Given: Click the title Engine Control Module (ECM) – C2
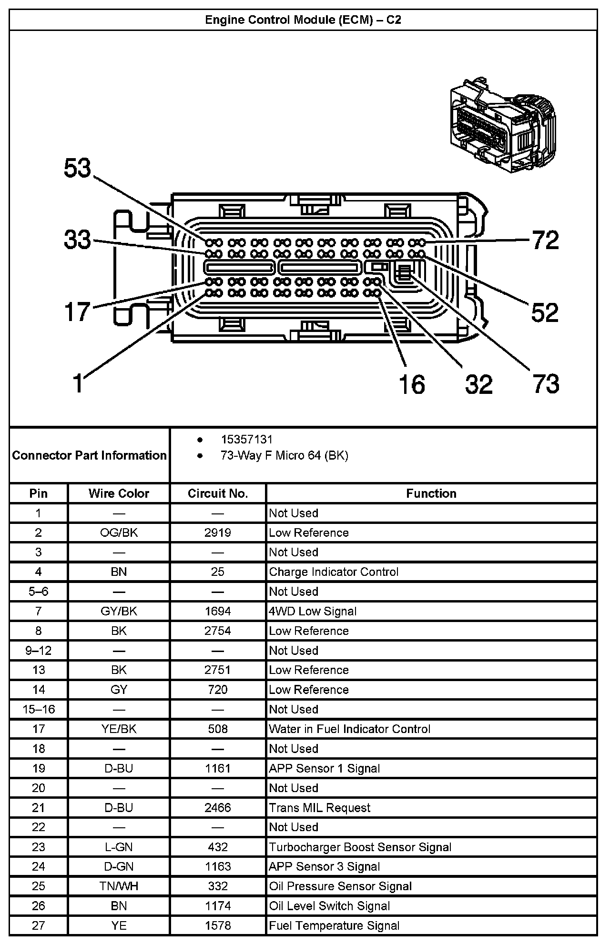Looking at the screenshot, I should (x=303, y=20).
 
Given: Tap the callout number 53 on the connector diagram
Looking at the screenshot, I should (x=77, y=169).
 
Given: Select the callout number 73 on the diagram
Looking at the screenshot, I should (x=546, y=383).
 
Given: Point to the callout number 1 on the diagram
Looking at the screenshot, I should (x=78, y=383).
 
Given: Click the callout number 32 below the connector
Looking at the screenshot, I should (x=478, y=384).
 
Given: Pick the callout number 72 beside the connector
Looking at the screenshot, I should (x=546, y=240).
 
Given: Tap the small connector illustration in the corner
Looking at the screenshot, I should (x=501, y=123).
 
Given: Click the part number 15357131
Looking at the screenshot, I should (x=246, y=440).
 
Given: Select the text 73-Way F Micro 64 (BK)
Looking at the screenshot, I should (x=284, y=456).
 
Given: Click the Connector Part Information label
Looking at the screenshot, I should (x=90, y=455).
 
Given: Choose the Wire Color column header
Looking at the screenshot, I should (x=119, y=493).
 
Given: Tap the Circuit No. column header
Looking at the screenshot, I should (x=218, y=493).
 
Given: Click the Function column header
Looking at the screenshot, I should (x=431, y=493).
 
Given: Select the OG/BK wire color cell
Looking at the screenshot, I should (x=119, y=532).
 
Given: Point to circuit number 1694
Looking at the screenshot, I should (x=218, y=611).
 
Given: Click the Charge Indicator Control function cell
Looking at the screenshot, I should (x=334, y=572).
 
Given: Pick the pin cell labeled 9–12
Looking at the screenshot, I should (x=39, y=650).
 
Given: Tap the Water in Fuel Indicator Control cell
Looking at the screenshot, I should (x=349, y=729).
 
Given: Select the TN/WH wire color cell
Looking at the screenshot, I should (x=119, y=886).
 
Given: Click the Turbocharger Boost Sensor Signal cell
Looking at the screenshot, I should (x=360, y=847).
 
